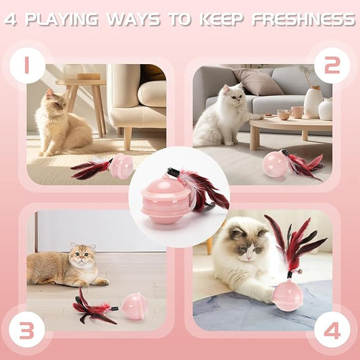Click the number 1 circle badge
pos(28,66)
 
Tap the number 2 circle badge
pos(332,66)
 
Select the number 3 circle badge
pos(28,330)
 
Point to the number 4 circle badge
pos(332,330)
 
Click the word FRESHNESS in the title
pos(303,20)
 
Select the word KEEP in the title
pos(220,20)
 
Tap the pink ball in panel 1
pos(122,166)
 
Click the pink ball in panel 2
pos(276,164)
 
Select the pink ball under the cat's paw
pos(288,296)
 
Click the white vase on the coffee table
pos(313,103)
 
